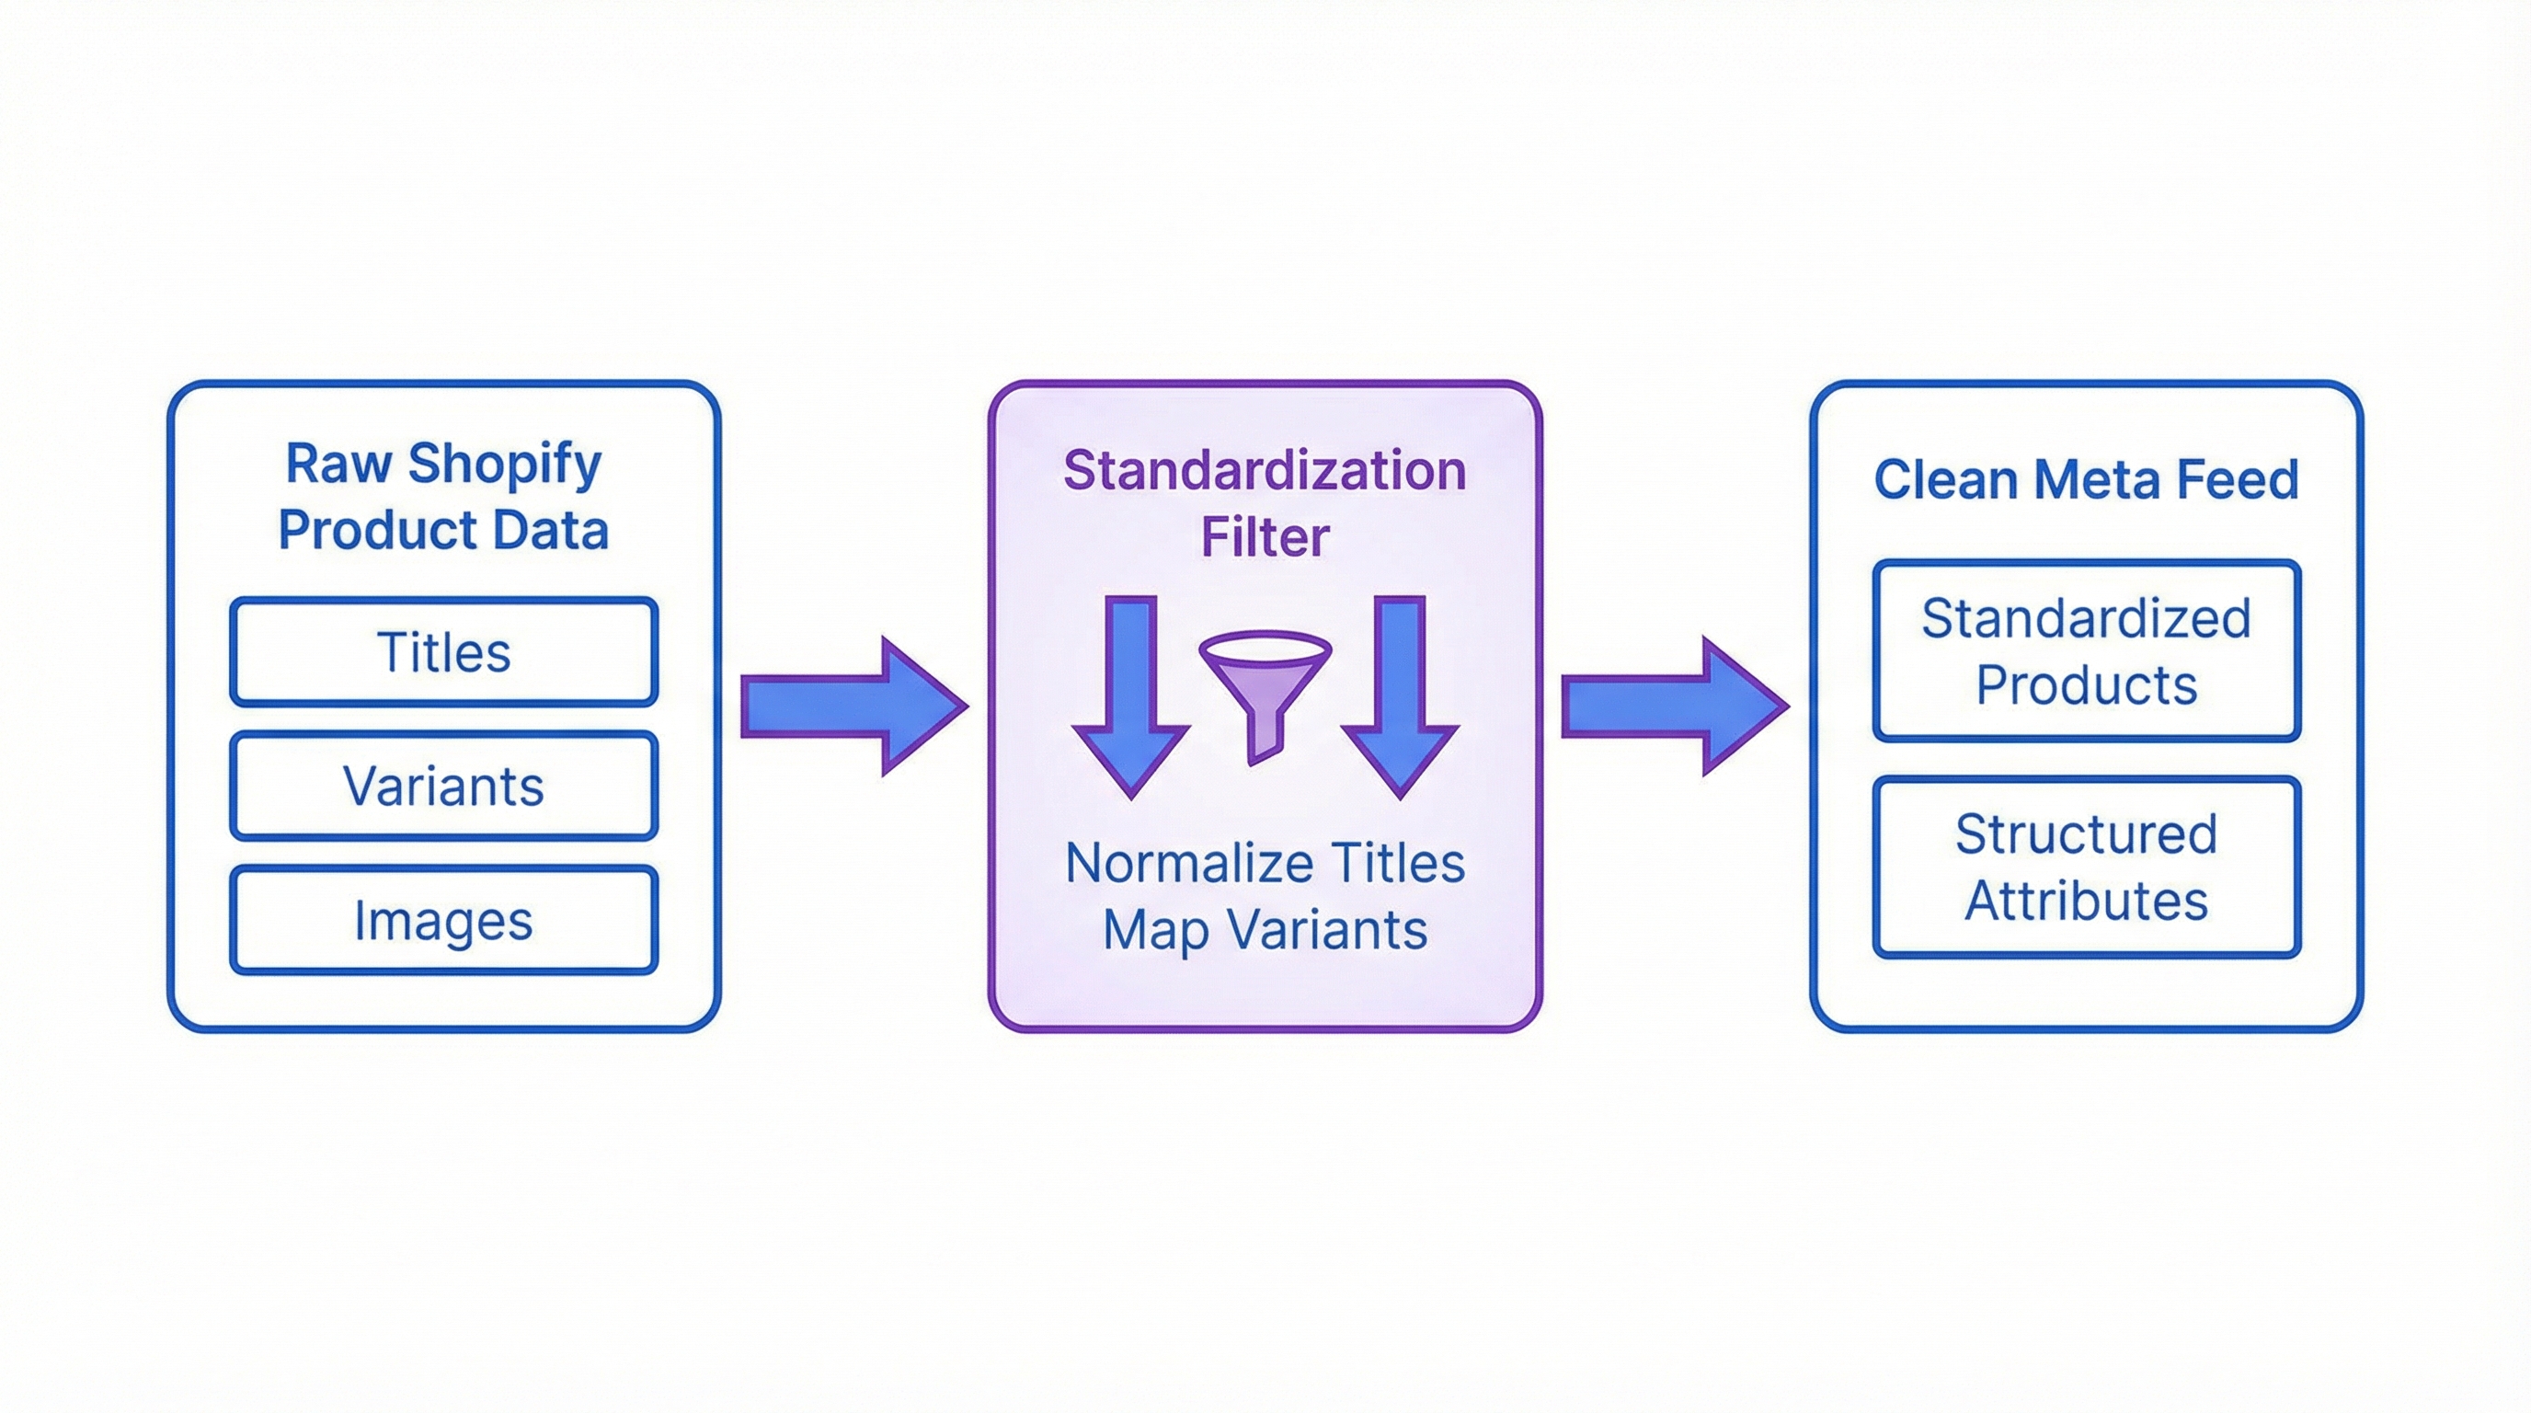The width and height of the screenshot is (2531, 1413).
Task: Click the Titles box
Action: tap(443, 652)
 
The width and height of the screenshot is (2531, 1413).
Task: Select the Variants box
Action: tap(443, 787)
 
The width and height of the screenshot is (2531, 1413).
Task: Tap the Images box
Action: tap(443, 921)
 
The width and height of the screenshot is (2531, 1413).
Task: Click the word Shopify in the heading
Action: tap(504, 464)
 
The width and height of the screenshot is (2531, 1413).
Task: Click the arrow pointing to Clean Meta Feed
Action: tap(1673, 706)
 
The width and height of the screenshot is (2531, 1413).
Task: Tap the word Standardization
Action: tap(1265, 471)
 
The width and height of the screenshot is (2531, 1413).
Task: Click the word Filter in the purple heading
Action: tap(1265, 537)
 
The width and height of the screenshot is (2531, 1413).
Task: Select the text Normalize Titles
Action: tap(1265, 864)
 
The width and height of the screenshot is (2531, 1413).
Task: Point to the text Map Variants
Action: tap(1265, 929)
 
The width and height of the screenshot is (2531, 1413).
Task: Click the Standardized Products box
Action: tap(2086, 650)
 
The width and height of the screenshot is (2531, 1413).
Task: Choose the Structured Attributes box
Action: tap(2086, 867)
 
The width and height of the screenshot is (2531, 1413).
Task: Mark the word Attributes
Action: tap(2086, 900)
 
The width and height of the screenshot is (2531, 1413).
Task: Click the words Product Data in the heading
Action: tap(443, 531)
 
